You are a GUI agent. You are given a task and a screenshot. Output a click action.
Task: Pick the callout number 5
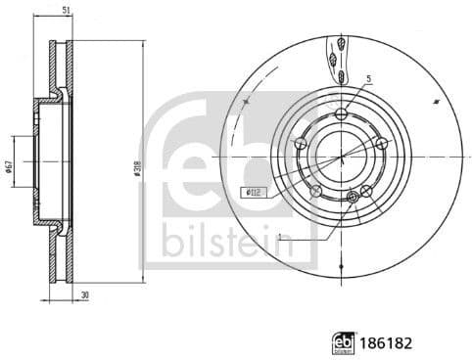click(x=368, y=78)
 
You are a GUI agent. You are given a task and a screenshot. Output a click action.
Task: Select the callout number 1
click(x=280, y=238)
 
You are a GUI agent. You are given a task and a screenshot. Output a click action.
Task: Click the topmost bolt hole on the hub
click(x=341, y=114)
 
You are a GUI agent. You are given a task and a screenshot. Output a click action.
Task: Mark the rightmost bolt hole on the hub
click(x=382, y=145)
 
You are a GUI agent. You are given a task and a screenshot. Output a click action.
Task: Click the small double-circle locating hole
click(x=354, y=199)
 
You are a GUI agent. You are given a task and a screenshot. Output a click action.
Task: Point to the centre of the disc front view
click(x=341, y=157)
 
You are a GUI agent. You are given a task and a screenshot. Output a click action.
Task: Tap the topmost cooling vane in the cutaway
click(x=339, y=43)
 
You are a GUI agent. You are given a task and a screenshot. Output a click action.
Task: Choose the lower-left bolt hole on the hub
click(x=315, y=191)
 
